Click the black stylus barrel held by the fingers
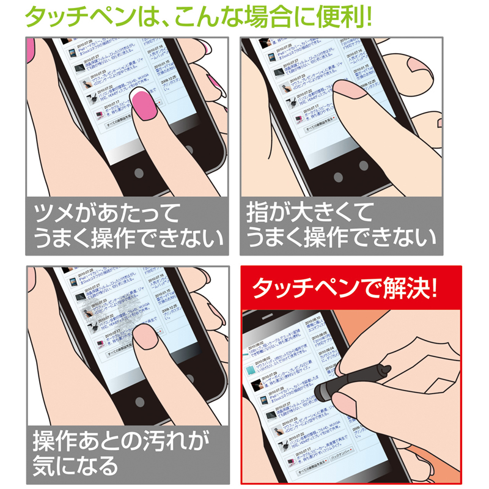click(x=361, y=375)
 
